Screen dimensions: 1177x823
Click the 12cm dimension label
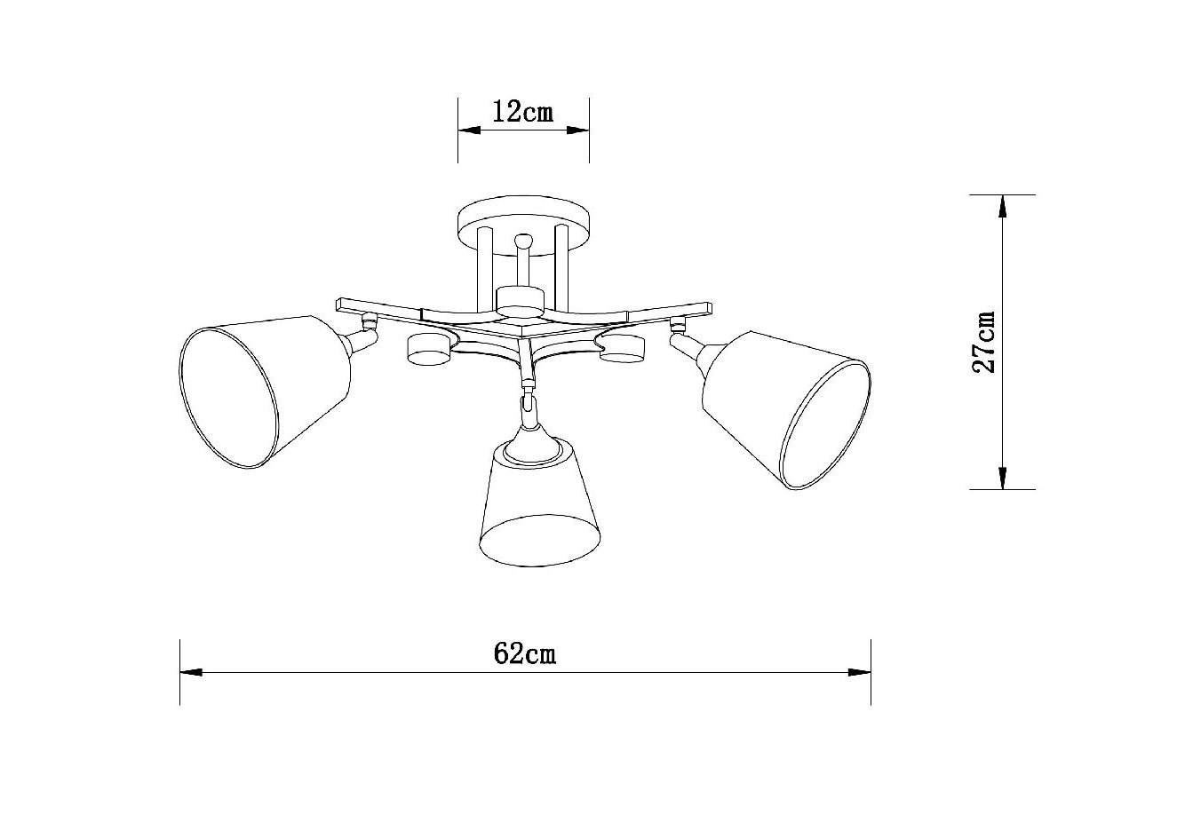click(x=523, y=112)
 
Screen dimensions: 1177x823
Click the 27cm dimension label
click(x=983, y=343)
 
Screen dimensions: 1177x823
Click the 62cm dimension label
click(x=524, y=654)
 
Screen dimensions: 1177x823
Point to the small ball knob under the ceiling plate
click(x=523, y=242)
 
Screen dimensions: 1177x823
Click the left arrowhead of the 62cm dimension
click(x=191, y=672)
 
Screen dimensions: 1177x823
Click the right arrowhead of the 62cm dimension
click(x=860, y=672)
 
